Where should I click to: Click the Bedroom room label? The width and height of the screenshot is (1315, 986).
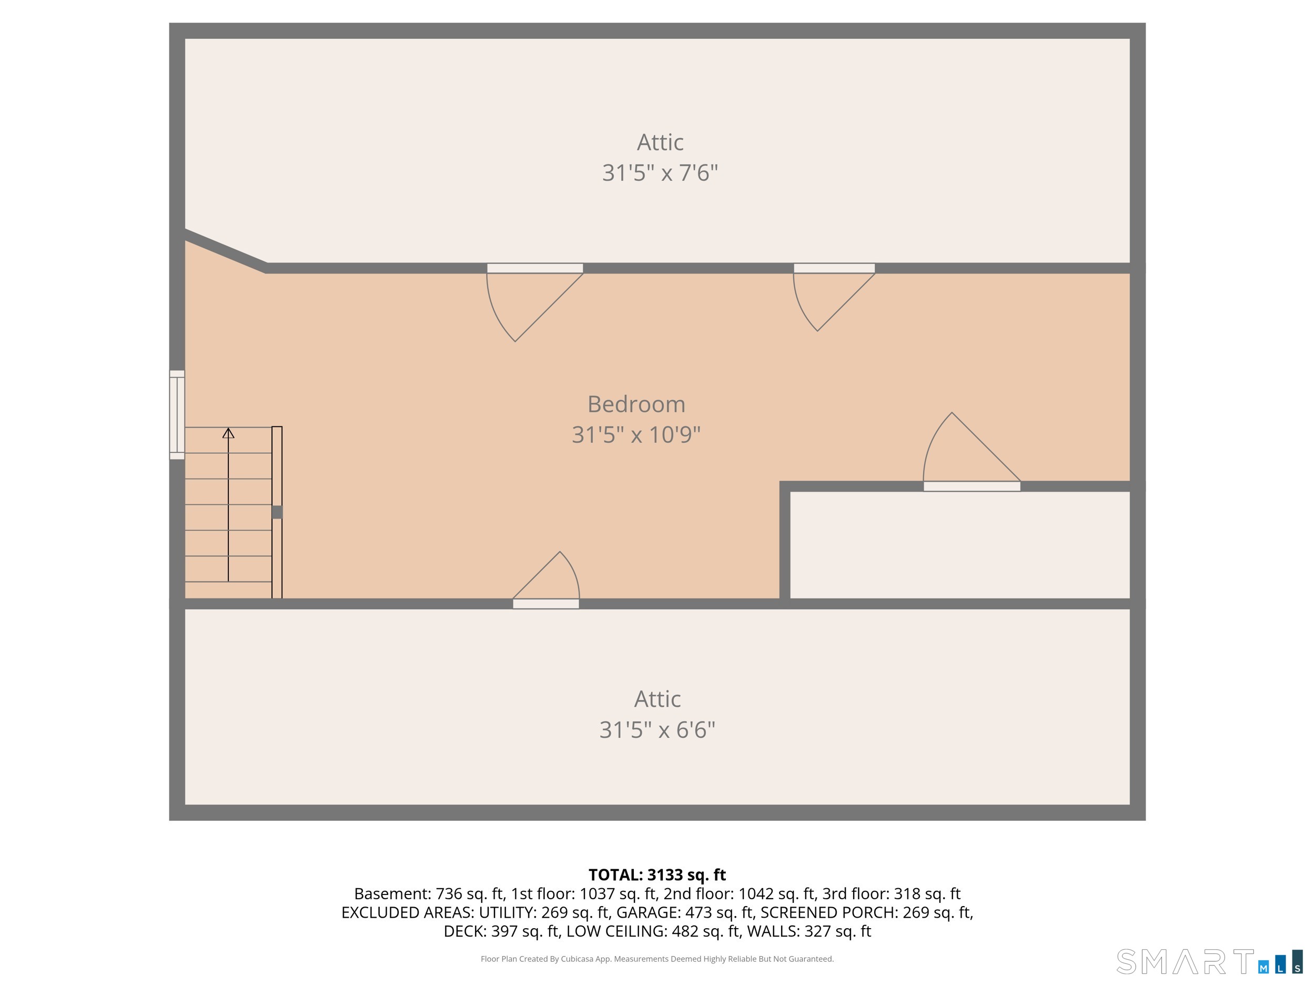pyautogui.click(x=636, y=404)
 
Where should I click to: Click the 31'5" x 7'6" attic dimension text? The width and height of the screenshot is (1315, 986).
pyautogui.click(x=660, y=173)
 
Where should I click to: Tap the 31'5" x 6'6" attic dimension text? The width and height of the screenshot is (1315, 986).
pyautogui.click(x=657, y=730)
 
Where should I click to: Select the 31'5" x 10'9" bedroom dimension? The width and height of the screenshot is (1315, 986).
pyautogui.click(x=636, y=435)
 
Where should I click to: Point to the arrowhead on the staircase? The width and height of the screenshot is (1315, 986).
pyautogui.click(x=228, y=433)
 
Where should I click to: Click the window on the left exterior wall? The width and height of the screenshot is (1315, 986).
pyautogui.click(x=177, y=414)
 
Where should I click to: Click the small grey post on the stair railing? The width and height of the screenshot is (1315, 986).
pyautogui.click(x=277, y=512)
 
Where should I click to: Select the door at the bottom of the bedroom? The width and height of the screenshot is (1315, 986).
pyautogui.click(x=546, y=604)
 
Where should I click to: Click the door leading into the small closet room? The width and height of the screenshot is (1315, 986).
pyautogui.click(x=972, y=486)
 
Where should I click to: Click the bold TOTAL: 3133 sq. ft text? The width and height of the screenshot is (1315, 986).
pyautogui.click(x=657, y=875)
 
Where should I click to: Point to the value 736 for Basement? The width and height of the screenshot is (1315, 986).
pyautogui.click(x=449, y=894)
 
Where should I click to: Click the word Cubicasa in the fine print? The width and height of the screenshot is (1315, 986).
pyautogui.click(x=576, y=959)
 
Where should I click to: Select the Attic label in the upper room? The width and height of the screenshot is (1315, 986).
pyautogui.click(x=660, y=143)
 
